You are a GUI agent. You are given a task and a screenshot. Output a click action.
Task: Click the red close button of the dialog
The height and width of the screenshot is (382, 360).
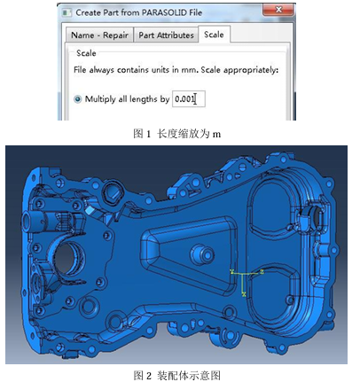(x=278, y=10)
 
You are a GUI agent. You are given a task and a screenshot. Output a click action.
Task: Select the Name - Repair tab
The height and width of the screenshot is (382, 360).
(x=99, y=35)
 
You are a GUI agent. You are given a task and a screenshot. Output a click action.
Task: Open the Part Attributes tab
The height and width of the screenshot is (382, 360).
(x=166, y=35)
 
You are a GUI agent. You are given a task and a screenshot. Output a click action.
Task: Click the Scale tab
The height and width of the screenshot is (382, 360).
(x=214, y=35)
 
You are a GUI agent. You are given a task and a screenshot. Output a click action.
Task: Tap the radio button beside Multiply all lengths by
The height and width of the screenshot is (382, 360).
(x=77, y=99)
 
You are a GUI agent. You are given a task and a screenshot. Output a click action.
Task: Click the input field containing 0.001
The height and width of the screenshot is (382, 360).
(x=189, y=99)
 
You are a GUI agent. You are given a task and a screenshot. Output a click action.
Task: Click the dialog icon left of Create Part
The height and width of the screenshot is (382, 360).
(x=67, y=12)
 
